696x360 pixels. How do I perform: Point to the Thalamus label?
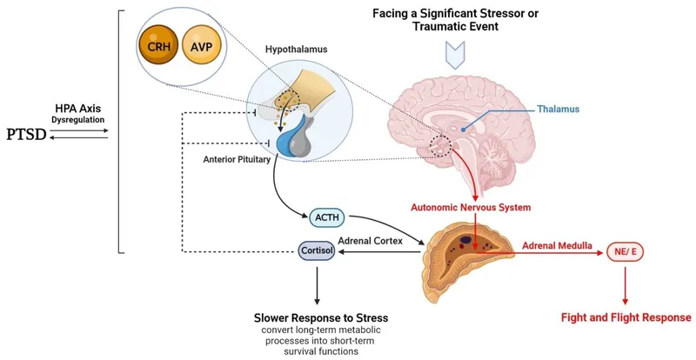554,109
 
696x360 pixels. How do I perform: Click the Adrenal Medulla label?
557,245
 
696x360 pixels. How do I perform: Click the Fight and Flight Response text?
626,317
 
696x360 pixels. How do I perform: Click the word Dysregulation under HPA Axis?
77,118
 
